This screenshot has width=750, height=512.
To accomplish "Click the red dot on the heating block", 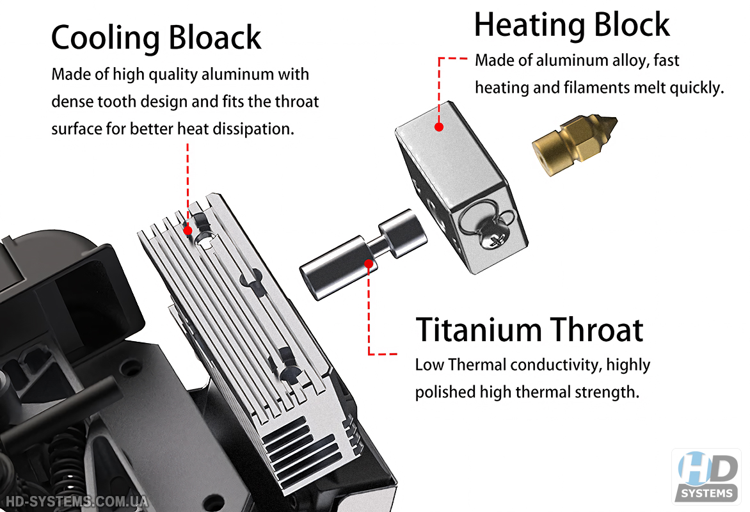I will point(439,127).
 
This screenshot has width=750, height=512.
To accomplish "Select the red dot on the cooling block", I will point(188,228).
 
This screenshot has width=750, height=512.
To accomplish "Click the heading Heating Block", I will point(571,26).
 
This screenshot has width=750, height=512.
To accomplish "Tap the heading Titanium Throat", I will point(529,330).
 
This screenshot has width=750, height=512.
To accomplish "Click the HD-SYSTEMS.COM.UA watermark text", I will point(76,501).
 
